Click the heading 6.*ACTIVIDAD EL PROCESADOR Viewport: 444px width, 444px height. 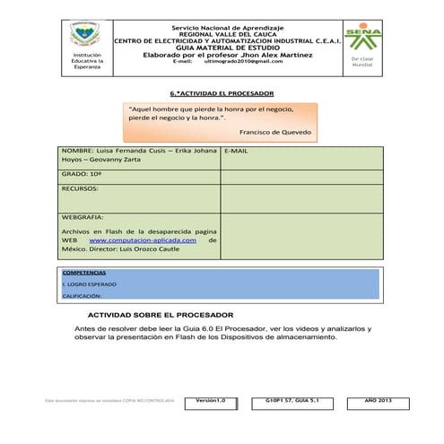(x=222, y=93)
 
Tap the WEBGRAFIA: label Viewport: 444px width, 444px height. (x=83, y=217)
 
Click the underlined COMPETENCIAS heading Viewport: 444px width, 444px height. (x=83, y=272)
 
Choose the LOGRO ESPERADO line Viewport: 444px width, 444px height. (x=87, y=283)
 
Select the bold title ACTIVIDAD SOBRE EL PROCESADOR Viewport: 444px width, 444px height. (x=160, y=316)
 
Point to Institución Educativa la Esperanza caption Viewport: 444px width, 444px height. (x=87, y=61)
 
